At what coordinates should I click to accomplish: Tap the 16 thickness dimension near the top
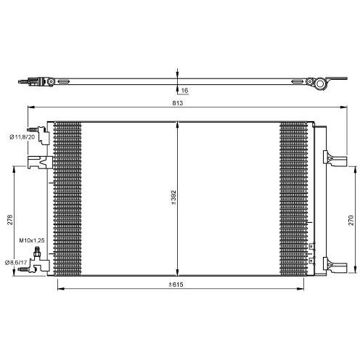(x=185, y=90)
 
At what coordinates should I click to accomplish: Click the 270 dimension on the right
(x=350, y=216)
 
